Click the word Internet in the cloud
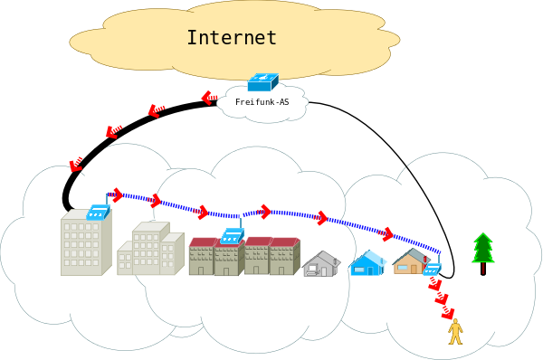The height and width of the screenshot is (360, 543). point(232,38)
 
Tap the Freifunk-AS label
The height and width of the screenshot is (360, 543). point(262,102)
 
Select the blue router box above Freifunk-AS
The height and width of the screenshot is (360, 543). point(263,82)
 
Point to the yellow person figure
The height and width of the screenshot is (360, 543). point(455,332)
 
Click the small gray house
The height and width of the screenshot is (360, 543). point(321,264)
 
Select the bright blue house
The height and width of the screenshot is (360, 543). point(367,262)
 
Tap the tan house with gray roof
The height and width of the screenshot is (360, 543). point(411,261)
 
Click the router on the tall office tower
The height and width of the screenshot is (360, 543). point(98,212)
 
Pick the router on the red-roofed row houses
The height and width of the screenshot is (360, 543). point(232,236)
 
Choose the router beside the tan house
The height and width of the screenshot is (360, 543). point(432,269)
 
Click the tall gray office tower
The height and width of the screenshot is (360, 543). point(86,242)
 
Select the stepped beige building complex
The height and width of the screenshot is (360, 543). point(150,249)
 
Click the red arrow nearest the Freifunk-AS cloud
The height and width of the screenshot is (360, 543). point(209,98)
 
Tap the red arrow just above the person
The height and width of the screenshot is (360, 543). point(448,312)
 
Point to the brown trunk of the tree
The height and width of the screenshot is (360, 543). point(483,269)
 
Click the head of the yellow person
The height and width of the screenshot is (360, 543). point(455,321)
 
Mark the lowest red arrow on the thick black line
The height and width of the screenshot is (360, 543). point(76,165)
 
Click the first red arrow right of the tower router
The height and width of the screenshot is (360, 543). point(117,195)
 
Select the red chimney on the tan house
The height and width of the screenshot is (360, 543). point(425,260)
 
